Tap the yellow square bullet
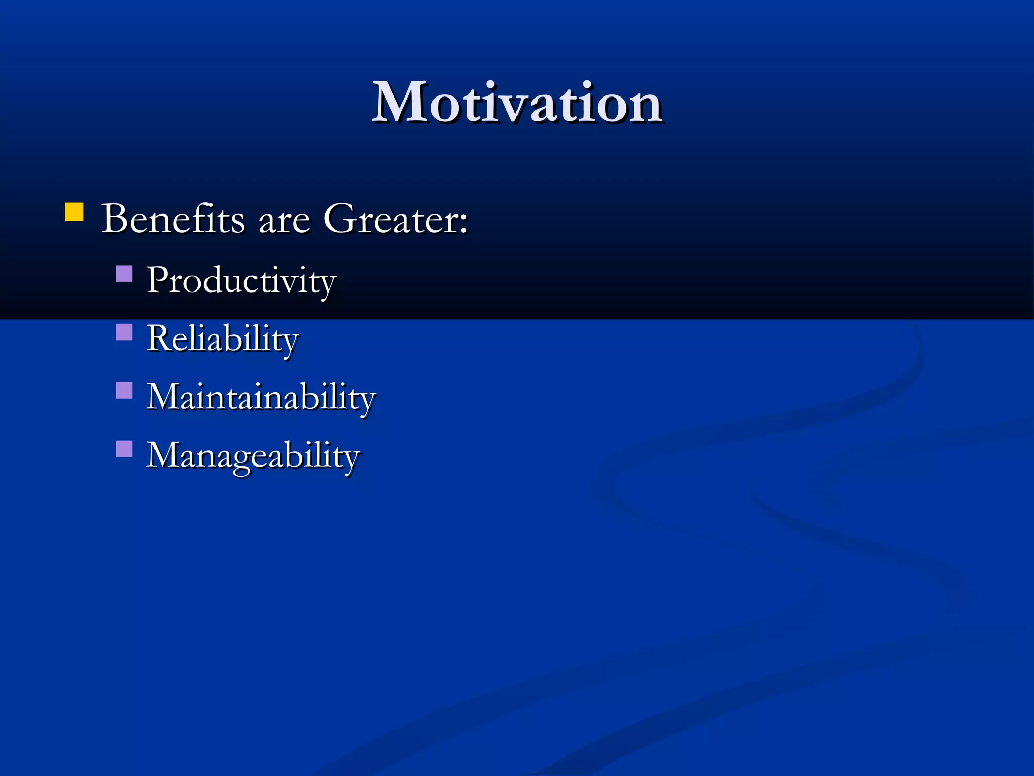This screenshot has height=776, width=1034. pos(74,212)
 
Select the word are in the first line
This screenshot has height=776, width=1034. pos(284,222)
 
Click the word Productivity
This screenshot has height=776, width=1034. pos(241,281)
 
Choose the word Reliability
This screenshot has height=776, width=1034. pos(223,339)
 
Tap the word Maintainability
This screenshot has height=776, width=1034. pos(261,397)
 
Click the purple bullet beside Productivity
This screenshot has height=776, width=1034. pos(124,274)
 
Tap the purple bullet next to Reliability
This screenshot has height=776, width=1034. pos(124,332)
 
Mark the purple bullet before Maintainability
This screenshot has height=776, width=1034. pos(124,390)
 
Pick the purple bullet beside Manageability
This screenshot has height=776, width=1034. pos(124,449)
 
